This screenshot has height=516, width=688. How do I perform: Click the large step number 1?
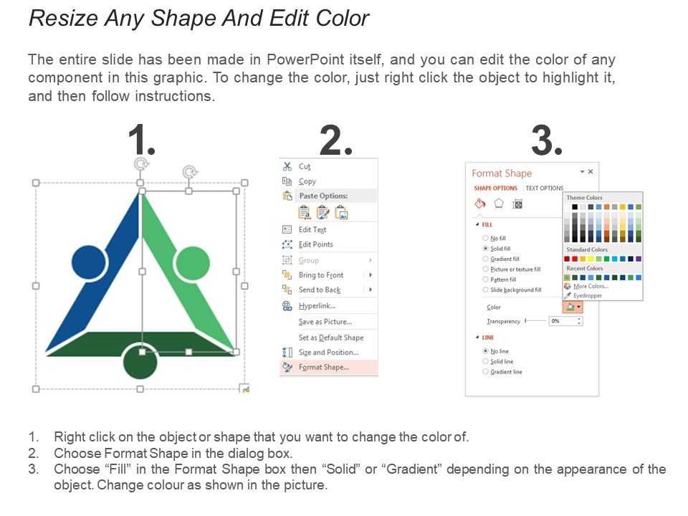click(x=141, y=140)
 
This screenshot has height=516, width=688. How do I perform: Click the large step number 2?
click(x=335, y=140)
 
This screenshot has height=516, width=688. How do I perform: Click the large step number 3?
click(x=546, y=140)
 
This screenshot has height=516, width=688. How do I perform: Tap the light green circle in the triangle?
click(x=192, y=263)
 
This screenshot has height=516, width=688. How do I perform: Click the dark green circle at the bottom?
click(x=140, y=361)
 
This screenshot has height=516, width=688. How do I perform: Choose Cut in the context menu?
click(x=305, y=166)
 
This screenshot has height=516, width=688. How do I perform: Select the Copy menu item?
click(x=307, y=181)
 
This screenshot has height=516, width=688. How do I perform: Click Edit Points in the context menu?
click(x=315, y=244)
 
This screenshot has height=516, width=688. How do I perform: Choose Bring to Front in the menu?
click(x=320, y=275)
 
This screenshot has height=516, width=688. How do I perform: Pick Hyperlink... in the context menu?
click(x=317, y=306)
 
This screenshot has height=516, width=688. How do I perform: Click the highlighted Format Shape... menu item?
click(x=323, y=368)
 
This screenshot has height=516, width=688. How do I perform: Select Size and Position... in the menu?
click(x=328, y=353)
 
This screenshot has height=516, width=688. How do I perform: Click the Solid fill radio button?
click(x=485, y=248)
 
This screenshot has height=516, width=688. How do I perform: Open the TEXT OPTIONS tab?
click(x=545, y=188)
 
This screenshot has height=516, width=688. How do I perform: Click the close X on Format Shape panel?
click(x=591, y=172)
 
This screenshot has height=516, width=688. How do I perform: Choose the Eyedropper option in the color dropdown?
click(x=587, y=295)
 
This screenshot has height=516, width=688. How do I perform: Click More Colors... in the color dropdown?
click(x=590, y=286)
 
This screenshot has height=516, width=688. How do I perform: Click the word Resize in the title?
click(x=63, y=18)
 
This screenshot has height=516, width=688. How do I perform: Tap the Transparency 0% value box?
click(x=565, y=321)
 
